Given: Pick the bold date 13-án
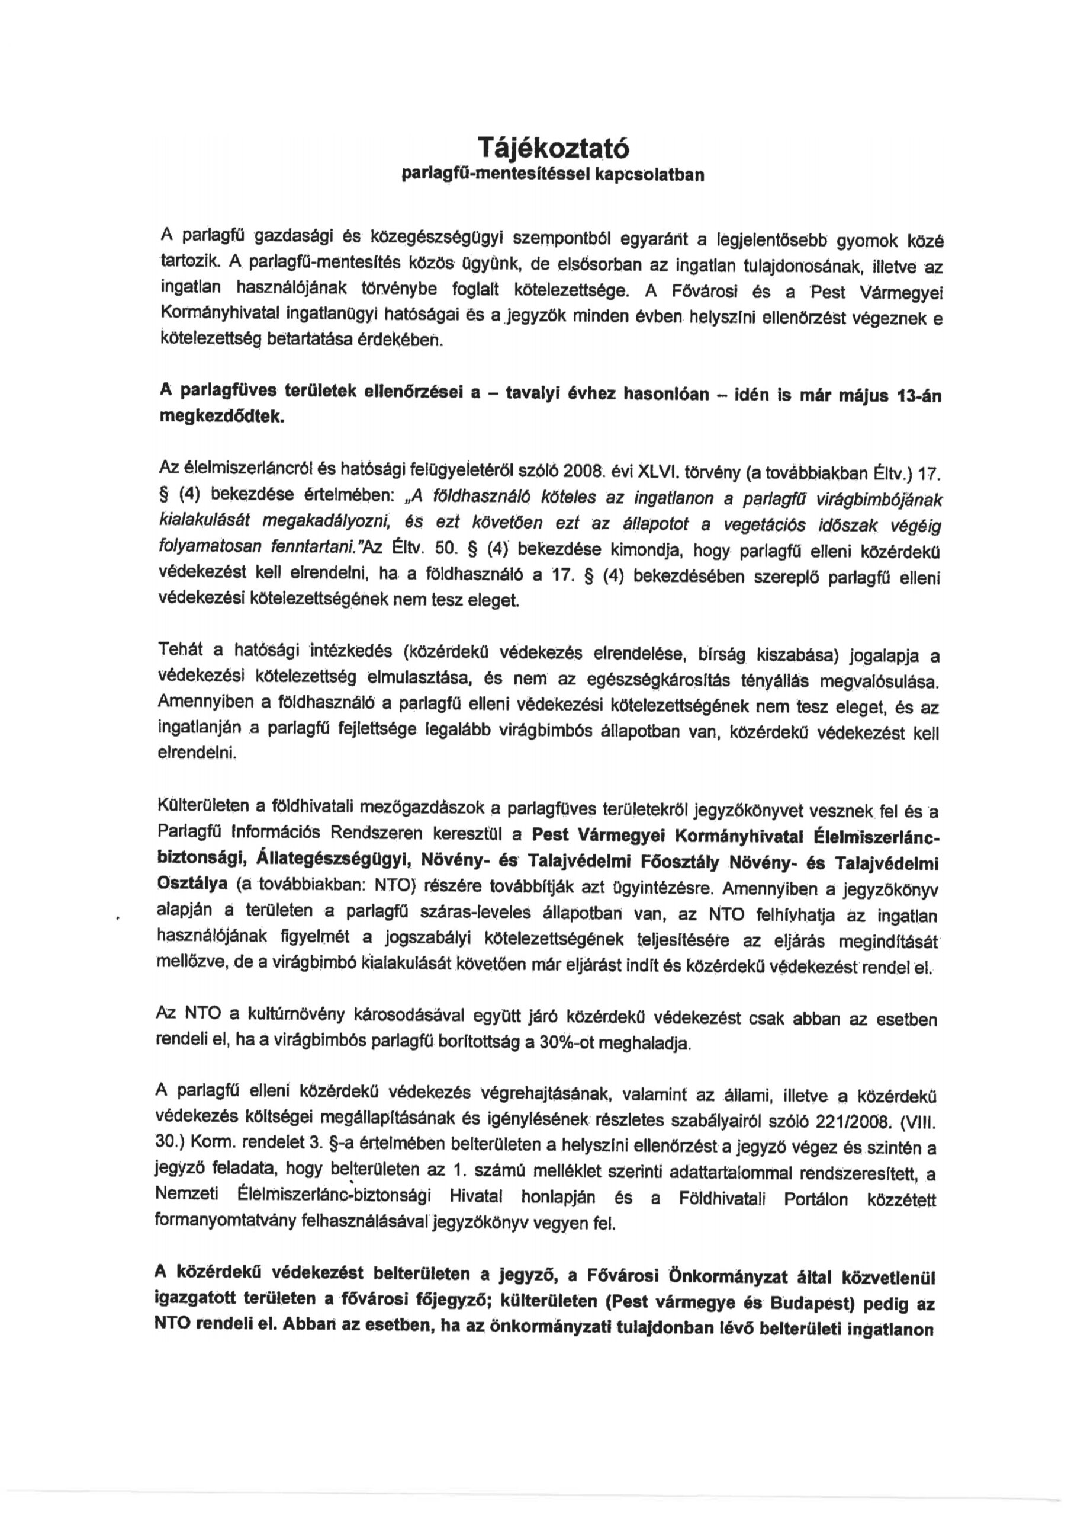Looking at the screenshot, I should click(920, 398).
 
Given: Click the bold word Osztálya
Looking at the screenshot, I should click(191, 883).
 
